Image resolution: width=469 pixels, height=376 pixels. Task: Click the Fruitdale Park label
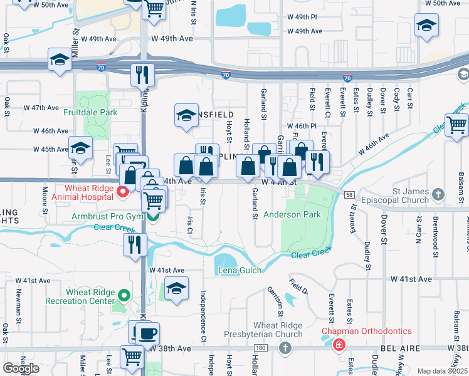pyautogui.click(x=90, y=113)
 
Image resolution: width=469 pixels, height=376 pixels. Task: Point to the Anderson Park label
pyautogui.click(x=292, y=214)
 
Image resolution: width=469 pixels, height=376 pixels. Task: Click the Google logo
pyautogui.click(x=21, y=368)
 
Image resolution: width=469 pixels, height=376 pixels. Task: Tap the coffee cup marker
pyautogui.click(x=148, y=332)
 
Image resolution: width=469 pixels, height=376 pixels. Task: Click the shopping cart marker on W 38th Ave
pyautogui.click(x=132, y=356)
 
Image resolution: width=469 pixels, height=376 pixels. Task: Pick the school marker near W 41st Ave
pyautogui.click(x=177, y=289)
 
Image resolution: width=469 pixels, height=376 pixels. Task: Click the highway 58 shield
pyautogui.click(x=348, y=195)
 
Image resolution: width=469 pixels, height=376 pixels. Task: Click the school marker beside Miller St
pyautogui.click(x=60, y=60)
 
